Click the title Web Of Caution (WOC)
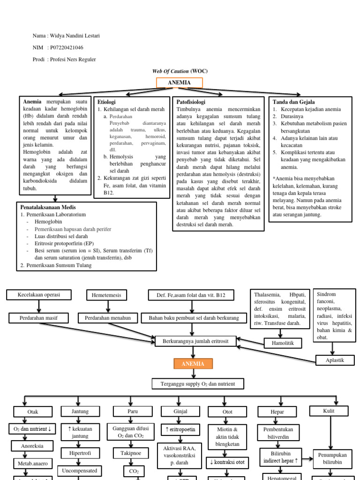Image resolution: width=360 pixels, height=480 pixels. (180, 71)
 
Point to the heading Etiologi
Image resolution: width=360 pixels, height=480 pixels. (106, 102)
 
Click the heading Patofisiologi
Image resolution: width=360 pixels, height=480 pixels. (191, 102)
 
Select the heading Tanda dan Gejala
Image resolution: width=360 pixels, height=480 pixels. (294, 102)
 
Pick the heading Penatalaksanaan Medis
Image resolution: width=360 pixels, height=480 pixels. (48, 207)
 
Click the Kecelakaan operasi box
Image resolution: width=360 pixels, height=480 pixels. (38, 295)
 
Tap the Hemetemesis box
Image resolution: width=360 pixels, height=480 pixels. (107, 295)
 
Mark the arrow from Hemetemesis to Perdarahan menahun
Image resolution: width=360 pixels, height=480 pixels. (108, 307)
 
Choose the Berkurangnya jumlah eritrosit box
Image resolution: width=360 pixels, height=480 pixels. (195, 341)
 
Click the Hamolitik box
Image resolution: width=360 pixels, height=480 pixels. (283, 343)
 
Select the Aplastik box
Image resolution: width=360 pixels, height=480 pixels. (334, 360)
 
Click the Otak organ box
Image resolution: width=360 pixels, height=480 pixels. (33, 412)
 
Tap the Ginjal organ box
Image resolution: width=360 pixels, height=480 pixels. (180, 411)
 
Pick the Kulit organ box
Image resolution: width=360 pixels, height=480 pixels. (329, 411)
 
